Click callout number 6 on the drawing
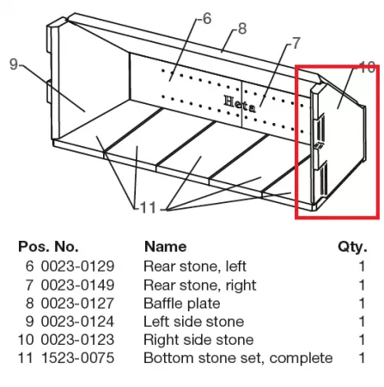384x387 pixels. [x=207, y=19]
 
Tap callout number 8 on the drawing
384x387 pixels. [x=242, y=28]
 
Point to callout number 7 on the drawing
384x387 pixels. [x=296, y=43]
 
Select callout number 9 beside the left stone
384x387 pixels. [x=14, y=64]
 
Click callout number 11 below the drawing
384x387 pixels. [x=148, y=207]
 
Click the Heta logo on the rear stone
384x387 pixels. [x=240, y=104]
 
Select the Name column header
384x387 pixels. [x=166, y=247]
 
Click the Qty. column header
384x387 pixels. [x=352, y=247]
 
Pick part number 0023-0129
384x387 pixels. [x=77, y=267]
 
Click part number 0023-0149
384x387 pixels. [x=77, y=285]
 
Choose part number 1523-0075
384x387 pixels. [x=78, y=358]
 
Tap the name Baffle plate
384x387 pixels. [x=182, y=304]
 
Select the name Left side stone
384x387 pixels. [x=194, y=322]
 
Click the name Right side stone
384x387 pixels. [x=198, y=340]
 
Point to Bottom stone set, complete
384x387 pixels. [x=238, y=359]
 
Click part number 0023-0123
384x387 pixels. [x=77, y=340]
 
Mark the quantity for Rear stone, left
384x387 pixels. [x=362, y=267]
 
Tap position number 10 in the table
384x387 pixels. [x=26, y=340]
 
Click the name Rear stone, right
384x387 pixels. [x=200, y=286]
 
